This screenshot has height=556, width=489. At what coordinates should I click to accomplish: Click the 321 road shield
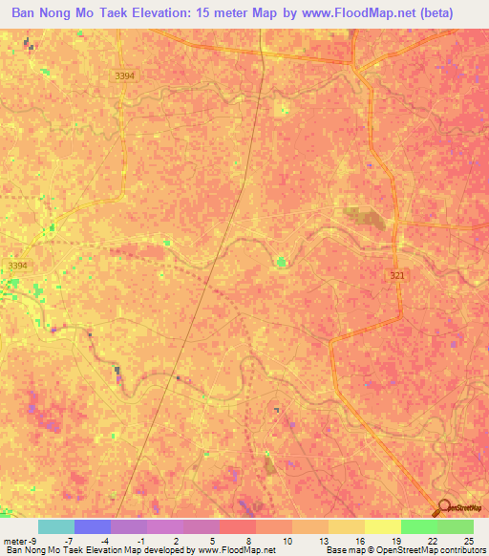pos(396,275)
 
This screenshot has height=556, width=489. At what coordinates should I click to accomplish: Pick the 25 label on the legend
pos(468,540)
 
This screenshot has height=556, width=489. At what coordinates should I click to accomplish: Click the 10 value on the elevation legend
pos(287,540)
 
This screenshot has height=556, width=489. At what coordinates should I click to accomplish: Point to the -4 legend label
pos(105,540)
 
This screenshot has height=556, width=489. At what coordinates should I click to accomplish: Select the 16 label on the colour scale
pos(359,540)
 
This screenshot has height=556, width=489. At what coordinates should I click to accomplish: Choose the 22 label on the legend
pos(432,540)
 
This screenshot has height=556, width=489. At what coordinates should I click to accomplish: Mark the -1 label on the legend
pos(140,540)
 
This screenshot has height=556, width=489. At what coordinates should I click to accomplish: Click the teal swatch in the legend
pos(56,526)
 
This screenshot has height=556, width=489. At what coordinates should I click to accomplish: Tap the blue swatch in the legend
pos(93,526)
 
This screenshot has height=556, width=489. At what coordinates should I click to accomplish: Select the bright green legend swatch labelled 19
pos(419,526)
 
